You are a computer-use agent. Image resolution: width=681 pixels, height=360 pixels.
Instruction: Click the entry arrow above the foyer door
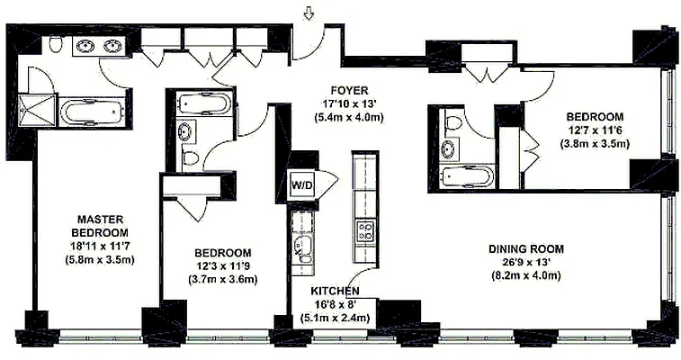(x=309, y=13)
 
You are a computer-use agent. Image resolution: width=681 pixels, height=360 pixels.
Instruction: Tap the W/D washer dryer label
(x=300, y=185)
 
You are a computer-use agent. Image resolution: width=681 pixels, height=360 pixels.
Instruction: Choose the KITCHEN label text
(x=336, y=292)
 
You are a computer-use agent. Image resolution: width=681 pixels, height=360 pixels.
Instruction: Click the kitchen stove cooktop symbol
(x=365, y=230)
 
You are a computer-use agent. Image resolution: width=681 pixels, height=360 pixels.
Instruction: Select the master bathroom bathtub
(x=94, y=112)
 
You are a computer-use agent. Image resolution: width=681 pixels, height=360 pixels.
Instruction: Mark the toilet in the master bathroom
(x=55, y=44)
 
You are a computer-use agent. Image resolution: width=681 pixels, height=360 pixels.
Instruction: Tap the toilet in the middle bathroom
(x=190, y=157)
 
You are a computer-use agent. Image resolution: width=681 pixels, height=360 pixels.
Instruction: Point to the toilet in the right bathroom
(x=452, y=122)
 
